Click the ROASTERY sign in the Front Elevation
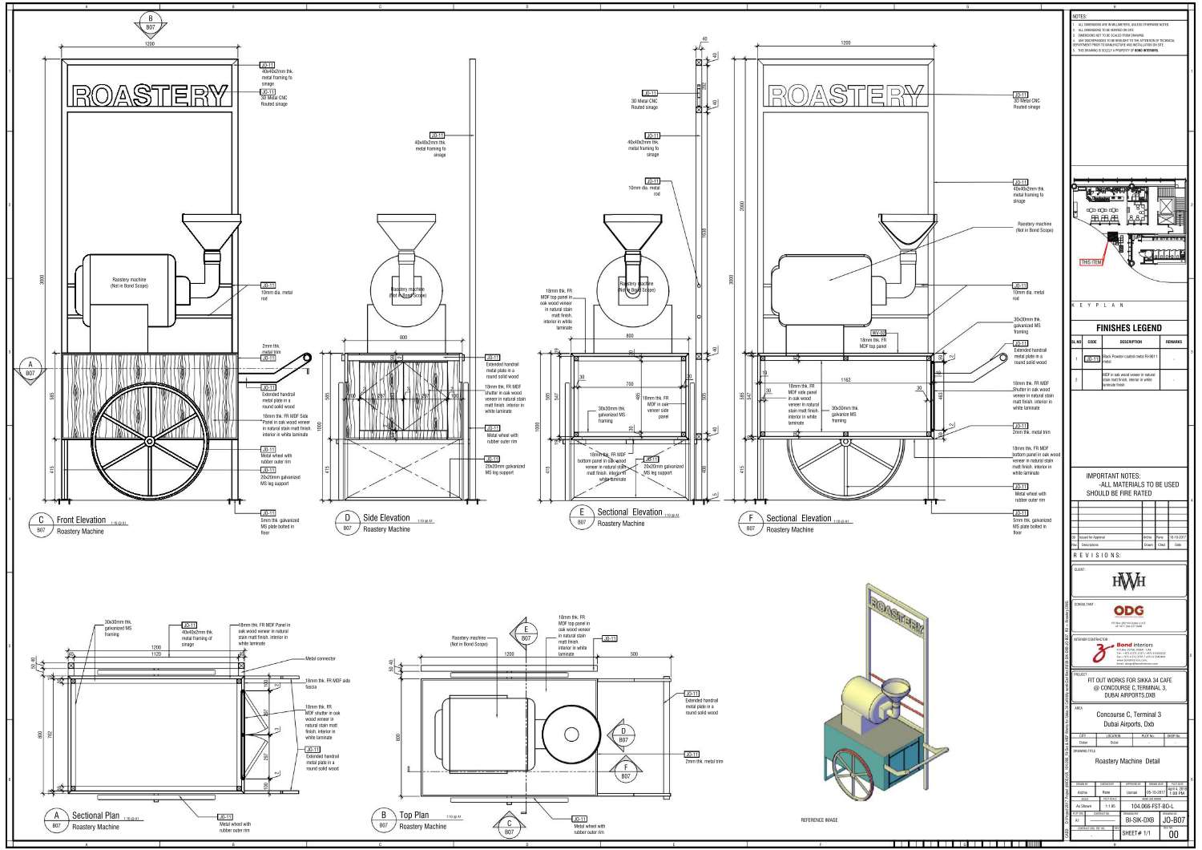[x=150, y=95]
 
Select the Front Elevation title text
[x=81, y=520]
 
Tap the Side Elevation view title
[x=386, y=518]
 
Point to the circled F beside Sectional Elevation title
[x=750, y=519]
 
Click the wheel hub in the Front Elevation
[x=150, y=440]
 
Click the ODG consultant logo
[x=1128, y=611]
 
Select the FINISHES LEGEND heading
[x=1128, y=328]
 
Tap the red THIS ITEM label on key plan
[x=1091, y=262]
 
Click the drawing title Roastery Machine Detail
[x=1127, y=761]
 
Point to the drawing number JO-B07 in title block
[x=1173, y=820]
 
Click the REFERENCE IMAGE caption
[x=819, y=820]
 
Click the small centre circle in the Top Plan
[x=571, y=735]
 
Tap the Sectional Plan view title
[x=95, y=816]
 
